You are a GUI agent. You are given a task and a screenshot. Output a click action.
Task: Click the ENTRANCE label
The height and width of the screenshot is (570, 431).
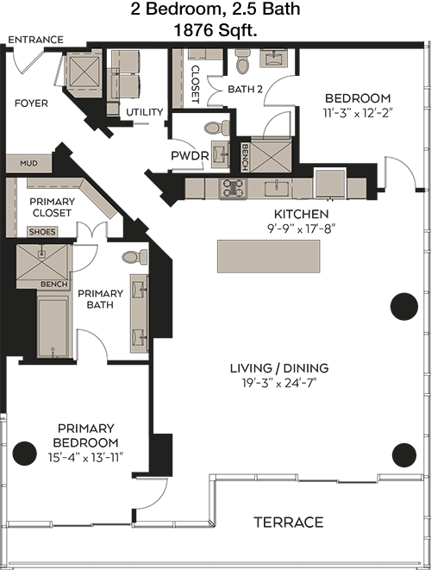pyautogui.click(x=35, y=40)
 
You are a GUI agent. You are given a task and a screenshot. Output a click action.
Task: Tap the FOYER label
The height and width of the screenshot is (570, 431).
pyautogui.click(x=31, y=103)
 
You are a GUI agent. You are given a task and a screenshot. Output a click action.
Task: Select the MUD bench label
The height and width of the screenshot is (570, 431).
pyautogui.click(x=28, y=163)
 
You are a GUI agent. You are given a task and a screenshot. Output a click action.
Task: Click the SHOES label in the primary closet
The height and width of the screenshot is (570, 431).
pyautogui.click(x=42, y=232)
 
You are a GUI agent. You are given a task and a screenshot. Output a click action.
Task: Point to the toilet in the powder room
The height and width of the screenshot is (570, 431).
pyautogui.click(x=216, y=128)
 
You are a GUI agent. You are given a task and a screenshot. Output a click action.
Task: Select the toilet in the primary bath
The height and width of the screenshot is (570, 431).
pyautogui.click(x=134, y=257)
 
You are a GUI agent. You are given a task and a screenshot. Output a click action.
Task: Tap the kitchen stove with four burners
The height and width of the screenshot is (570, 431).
pyautogui.click(x=233, y=188)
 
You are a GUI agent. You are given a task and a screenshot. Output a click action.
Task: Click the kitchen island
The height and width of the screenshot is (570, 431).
pyautogui.click(x=269, y=256)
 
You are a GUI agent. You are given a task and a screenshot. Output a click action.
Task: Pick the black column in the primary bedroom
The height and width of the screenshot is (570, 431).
pyautogui.click(x=25, y=453)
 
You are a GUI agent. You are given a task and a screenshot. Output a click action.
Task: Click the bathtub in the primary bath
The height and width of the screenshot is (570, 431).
pyautogui.click(x=53, y=327)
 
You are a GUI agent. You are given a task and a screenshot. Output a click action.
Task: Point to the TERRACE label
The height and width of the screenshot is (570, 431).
pyautogui.click(x=289, y=523)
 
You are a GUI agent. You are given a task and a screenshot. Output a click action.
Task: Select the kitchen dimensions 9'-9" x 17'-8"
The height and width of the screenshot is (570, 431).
pyautogui.click(x=301, y=229)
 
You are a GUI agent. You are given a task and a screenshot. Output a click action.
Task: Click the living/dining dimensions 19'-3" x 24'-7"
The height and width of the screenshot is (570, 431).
pyautogui.click(x=279, y=383)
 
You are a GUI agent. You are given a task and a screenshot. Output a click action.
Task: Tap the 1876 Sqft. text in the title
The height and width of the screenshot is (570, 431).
pyautogui.click(x=215, y=30)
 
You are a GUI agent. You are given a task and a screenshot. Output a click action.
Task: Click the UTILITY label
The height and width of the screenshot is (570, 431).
pyautogui.click(x=145, y=112)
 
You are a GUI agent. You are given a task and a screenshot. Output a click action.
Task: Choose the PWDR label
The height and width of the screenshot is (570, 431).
pyautogui.click(x=190, y=156)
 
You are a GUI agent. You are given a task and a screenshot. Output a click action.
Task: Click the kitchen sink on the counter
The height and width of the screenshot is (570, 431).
pyautogui.click(x=277, y=188)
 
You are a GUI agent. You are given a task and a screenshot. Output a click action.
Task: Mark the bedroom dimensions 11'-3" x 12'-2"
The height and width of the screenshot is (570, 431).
pyautogui.click(x=359, y=114)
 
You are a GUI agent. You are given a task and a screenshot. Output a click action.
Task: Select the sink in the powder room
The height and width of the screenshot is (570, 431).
pyautogui.click(x=220, y=154)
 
